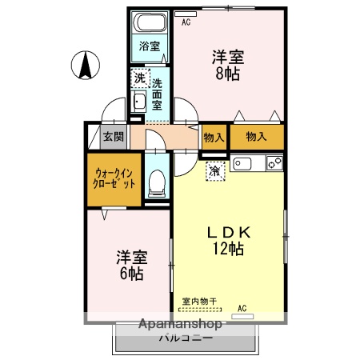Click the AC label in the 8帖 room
click(186, 22)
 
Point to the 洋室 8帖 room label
click(227, 65)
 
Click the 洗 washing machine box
click(139, 78)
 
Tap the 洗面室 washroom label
click(158, 93)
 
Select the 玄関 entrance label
click(112, 135)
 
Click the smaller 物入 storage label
click(213, 137)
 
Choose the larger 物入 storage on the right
click(256, 137)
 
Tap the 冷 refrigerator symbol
click(215, 170)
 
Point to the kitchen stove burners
click(274, 164)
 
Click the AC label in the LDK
click(242, 306)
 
